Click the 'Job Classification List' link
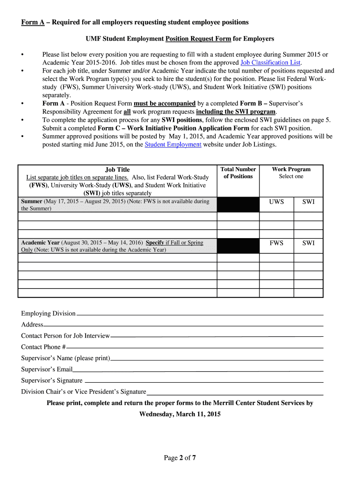[271, 63]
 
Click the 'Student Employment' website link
[173, 145]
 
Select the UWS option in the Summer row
[276, 202]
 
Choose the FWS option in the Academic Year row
[276, 243]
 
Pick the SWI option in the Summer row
[309, 202]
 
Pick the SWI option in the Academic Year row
[309, 243]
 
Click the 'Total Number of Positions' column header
[238, 173]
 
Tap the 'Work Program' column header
[291, 169]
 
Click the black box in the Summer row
[238, 204]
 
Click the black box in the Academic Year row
[238, 246]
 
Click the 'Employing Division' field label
[48, 313]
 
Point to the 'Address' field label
[32, 325]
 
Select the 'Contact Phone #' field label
[43, 347]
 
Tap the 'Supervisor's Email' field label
[47, 370]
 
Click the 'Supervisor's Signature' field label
[51, 381]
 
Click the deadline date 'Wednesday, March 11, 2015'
[180, 414]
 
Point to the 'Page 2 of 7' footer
[180, 458]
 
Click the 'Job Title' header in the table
[117, 170]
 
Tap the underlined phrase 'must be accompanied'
[165, 103]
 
